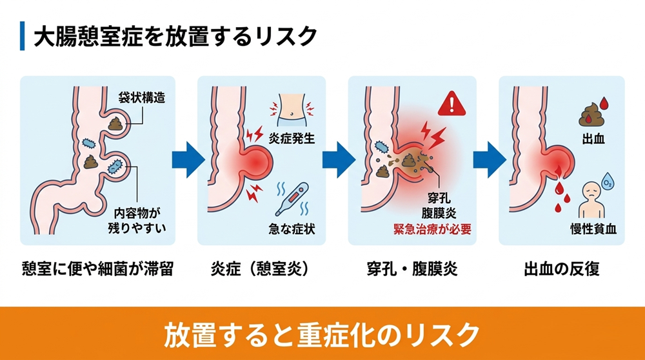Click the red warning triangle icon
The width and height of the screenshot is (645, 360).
pos(451,103)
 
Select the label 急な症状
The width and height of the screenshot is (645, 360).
pos(292,230)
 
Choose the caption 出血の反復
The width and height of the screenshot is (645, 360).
pos(561,269)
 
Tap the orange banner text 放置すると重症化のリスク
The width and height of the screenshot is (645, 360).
pos(322,332)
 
